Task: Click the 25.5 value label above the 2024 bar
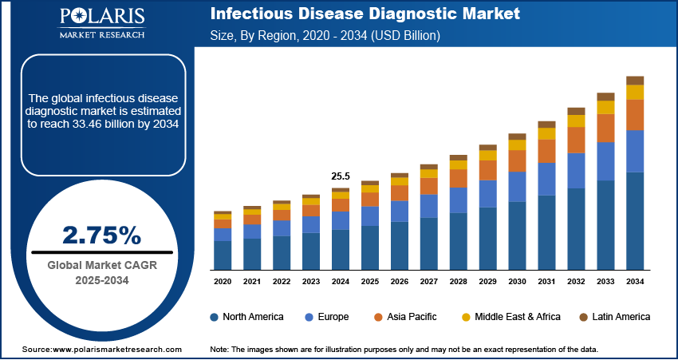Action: click(x=341, y=176)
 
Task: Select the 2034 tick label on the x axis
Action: click(x=635, y=282)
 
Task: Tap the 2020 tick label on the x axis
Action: click(x=223, y=282)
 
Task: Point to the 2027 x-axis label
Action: click(x=429, y=282)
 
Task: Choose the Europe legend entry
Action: click(x=326, y=317)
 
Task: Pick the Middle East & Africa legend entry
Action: click(x=510, y=317)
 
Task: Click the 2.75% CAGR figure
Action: click(x=101, y=235)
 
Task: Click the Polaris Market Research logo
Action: click(x=101, y=24)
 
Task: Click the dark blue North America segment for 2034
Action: click(x=635, y=220)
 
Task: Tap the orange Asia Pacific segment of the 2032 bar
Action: click(x=576, y=140)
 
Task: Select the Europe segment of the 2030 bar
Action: click(x=517, y=187)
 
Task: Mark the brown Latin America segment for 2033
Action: click(x=605, y=97)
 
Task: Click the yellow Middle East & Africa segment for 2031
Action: click(x=546, y=134)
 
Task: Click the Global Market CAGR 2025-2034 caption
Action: click(x=101, y=273)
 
